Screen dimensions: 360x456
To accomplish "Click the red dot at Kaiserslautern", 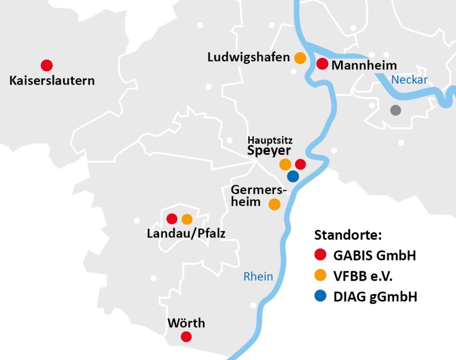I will (x=47, y=66).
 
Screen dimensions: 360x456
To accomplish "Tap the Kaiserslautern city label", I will (x=52, y=80).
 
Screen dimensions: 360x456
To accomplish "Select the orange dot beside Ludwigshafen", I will (x=300, y=58).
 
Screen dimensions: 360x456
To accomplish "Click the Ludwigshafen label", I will (x=248, y=57).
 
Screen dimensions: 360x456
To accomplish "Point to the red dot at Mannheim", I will (x=323, y=64).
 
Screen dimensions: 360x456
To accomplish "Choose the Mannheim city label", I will (x=364, y=65).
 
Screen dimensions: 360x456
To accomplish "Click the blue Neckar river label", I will (x=409, y=80).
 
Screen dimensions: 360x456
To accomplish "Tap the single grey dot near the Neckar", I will (x=395, y=110).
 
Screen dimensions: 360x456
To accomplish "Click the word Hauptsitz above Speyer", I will (x=270, y=141).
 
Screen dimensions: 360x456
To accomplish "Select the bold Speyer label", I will (x=269, y=151).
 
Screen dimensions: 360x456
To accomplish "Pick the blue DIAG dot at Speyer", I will (x=293, y=176).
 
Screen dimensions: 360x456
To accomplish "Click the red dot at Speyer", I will (x=300, y=164).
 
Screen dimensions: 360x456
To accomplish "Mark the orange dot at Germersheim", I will (x=275, y=204).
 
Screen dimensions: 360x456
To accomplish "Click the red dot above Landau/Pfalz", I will (x=172, y=219).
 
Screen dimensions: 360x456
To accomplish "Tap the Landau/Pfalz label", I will (x=186, y=233).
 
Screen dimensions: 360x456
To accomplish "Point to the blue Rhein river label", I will (x=258, y=276).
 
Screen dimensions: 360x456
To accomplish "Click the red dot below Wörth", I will (x=186, y=337).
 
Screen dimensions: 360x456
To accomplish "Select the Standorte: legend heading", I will (x=348, y=235).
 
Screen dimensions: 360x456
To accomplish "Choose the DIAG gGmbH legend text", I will (x=375, y=297).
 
